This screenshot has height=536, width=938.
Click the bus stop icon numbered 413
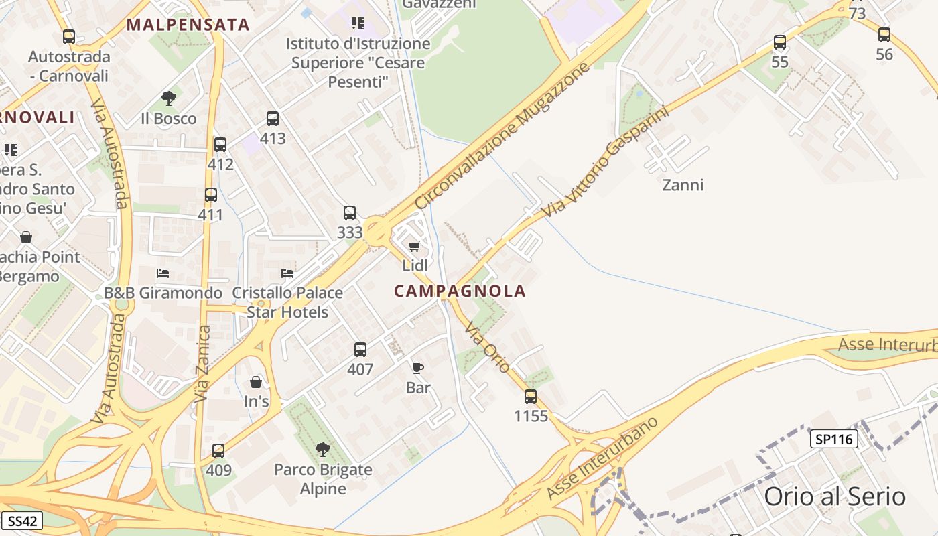pyautogui.click(x=273, y=119)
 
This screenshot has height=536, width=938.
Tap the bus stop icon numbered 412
pyautogui.click(x=220, y=144)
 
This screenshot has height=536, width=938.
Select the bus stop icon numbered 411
pyautogui.click(x=211, y=195)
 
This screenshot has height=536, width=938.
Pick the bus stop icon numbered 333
pyautogui.click(x=350, y=213)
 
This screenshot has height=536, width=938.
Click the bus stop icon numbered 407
pyautogui.click(x=360, y=349)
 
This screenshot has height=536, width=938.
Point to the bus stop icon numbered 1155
pyautogui.click(x=531, y=396)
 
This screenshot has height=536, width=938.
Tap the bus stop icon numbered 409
pyautogui.click(x=218, y=451)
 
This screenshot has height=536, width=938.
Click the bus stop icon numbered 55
pyautogui.click(x=780, y=42)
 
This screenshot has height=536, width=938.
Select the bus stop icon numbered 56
pyautogui.click(x=884, y=35)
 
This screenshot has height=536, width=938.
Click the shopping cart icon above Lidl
pyautogui.click(x=415, y=246)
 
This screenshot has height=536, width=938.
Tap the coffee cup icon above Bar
pyautogui.click(x=418, y=367)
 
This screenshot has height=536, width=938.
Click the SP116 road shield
pyautogui.click(x=834, y=440)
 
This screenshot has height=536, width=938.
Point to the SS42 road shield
pyautogui.click(x=22, y=521)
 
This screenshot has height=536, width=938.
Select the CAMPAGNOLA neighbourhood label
pyautogui.click(x=460, y=291)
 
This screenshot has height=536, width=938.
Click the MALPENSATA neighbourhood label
pyautogui.click(x=188, y=25)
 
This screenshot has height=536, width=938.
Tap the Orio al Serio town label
pyautogui.click(x=835, y=497)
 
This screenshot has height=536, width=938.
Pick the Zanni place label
pyautogui.click(x=683, y=184)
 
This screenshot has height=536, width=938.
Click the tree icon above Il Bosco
pyautogui.click(x=169, y=98)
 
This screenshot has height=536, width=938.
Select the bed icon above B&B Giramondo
pyautogui.click(x=163, y=273)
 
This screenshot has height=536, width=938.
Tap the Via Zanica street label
pyautogui.click(x=202, y=364)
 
